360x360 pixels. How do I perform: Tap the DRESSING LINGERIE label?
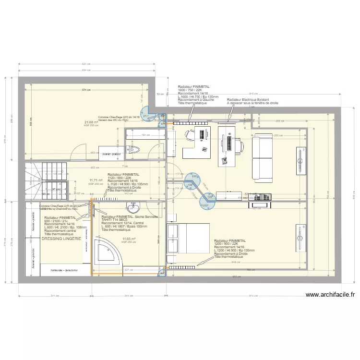point(61,239)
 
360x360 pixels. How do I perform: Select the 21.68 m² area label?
point(91,122)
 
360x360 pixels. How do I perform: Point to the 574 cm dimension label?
point(86,90)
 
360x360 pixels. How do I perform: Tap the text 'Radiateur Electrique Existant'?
point(249,99)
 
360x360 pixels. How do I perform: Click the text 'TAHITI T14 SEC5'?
point(115,220)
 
